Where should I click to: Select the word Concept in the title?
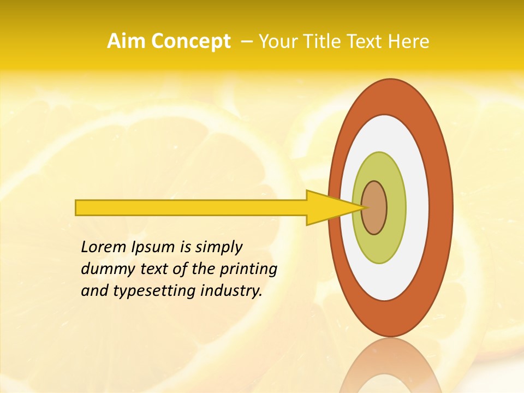(190, 41)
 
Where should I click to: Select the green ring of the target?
(395, 207)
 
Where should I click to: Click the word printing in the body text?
(248, 270)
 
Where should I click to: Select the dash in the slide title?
(246, 41)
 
